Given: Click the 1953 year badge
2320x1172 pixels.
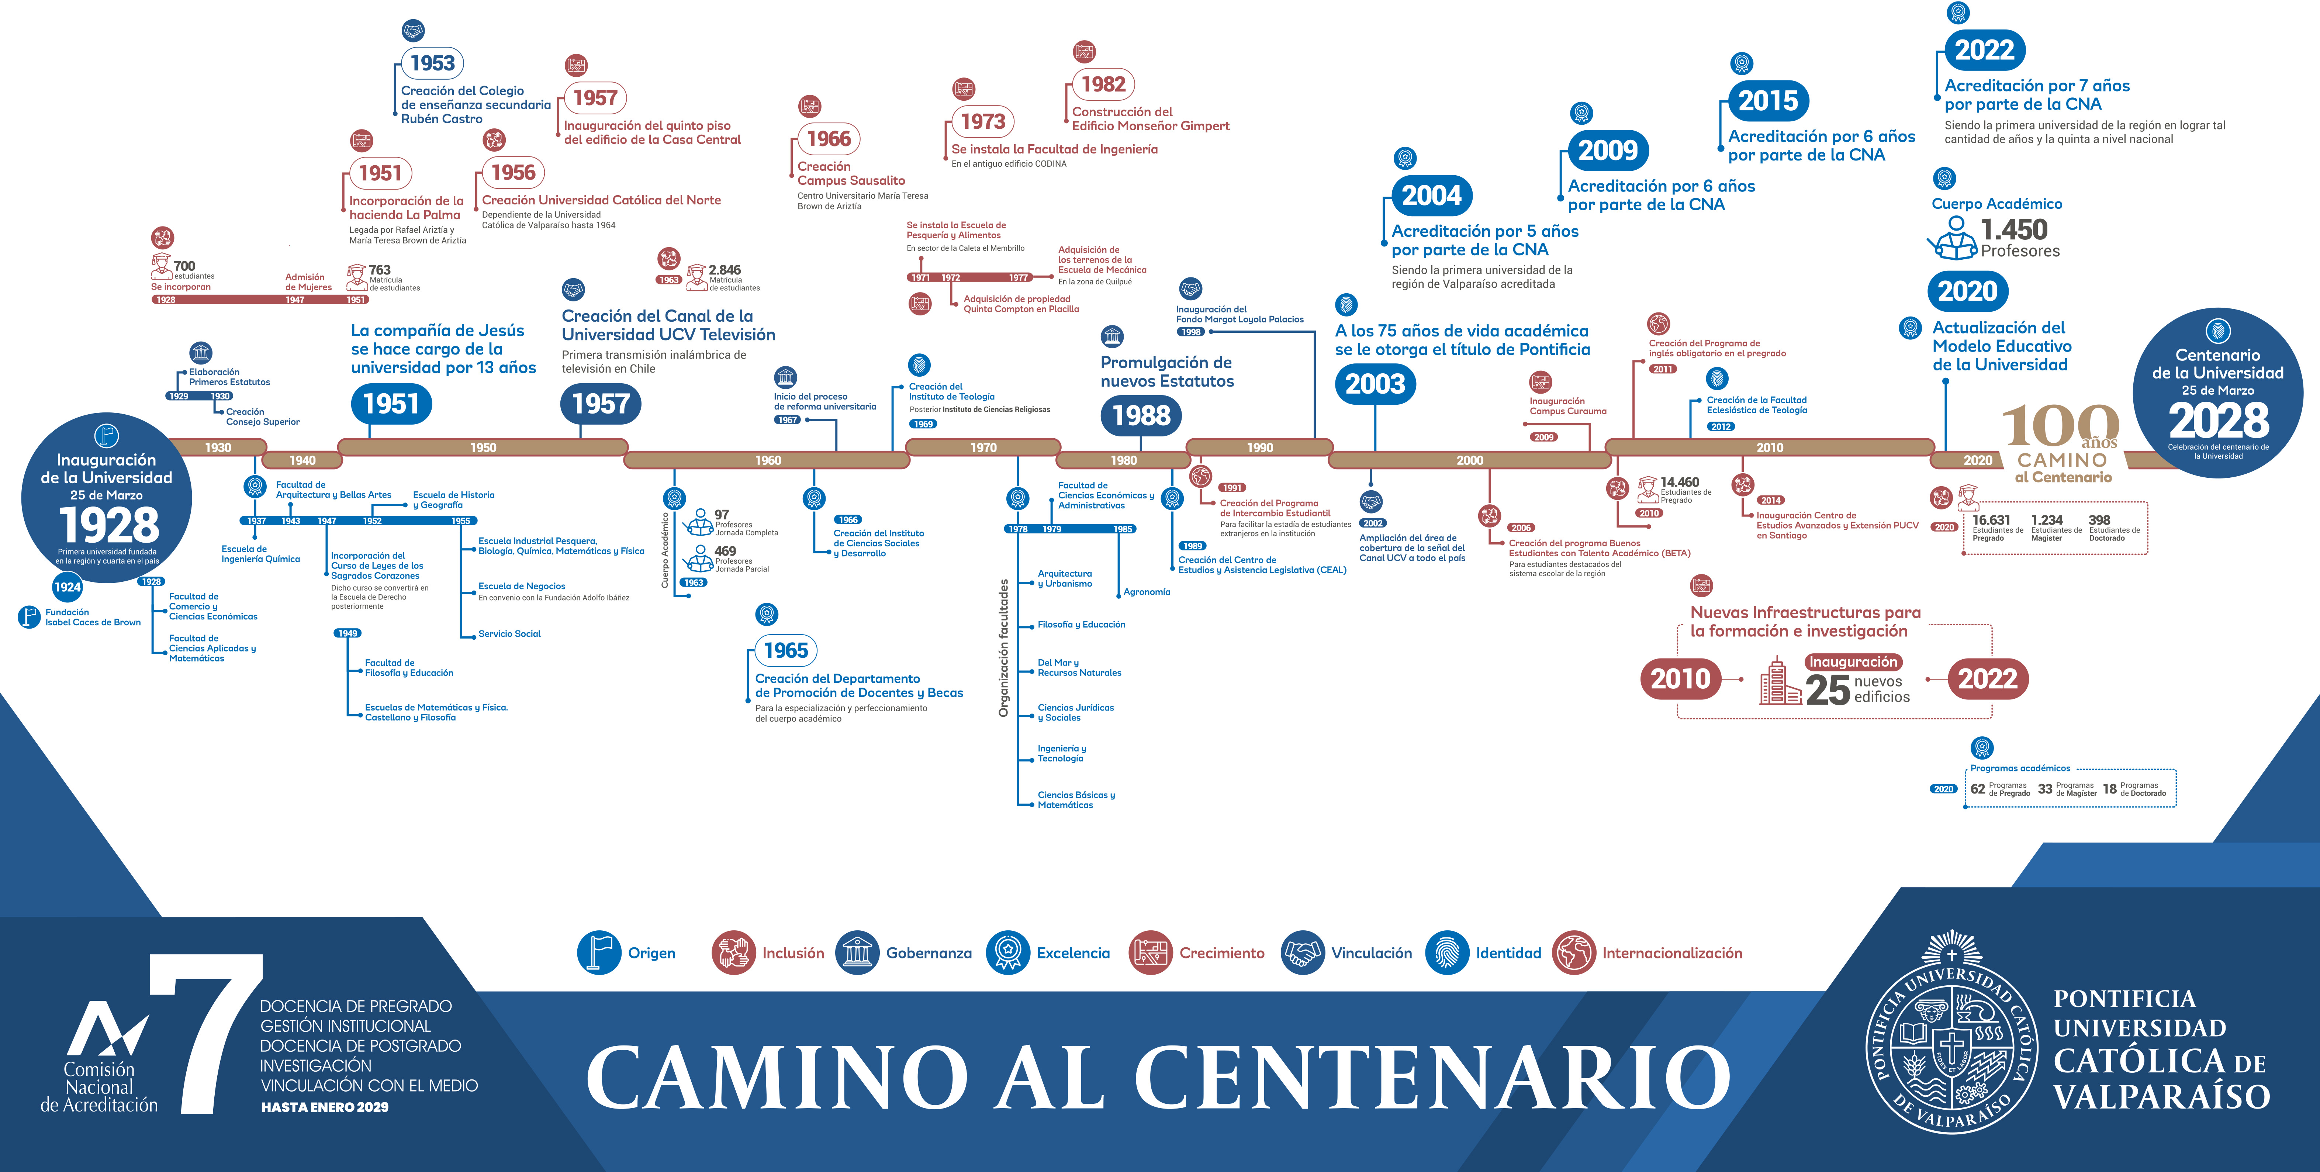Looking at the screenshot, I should coord(432,63).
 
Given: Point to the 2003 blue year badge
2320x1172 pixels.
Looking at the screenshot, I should coord(1375,384).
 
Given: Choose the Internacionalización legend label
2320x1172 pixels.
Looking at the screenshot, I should coord(1671,953).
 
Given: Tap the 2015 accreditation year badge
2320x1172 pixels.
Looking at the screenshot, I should coord(1768,101).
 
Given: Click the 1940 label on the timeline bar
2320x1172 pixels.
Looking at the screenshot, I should coord(302,460).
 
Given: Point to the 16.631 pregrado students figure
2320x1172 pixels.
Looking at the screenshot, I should coord(1991,520).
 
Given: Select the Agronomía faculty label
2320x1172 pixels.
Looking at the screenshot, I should coord(1147,592).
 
